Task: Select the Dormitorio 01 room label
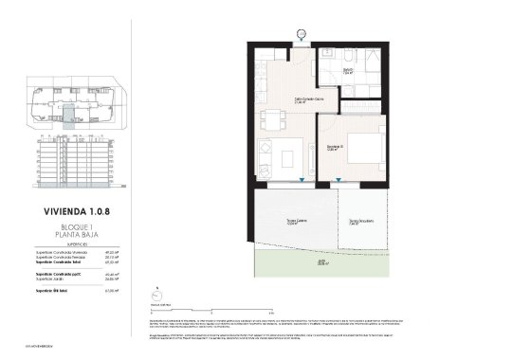coord(336,147)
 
